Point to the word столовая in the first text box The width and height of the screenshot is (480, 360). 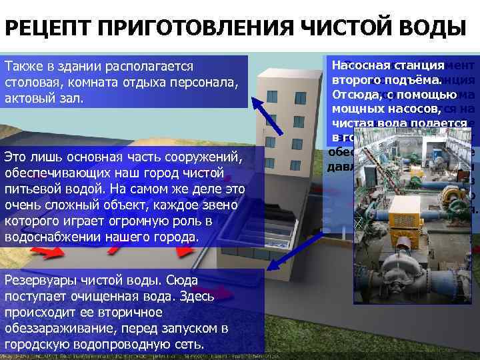(30, 83)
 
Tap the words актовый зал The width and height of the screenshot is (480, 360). (44, 99)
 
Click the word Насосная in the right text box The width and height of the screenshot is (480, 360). (361, 65)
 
